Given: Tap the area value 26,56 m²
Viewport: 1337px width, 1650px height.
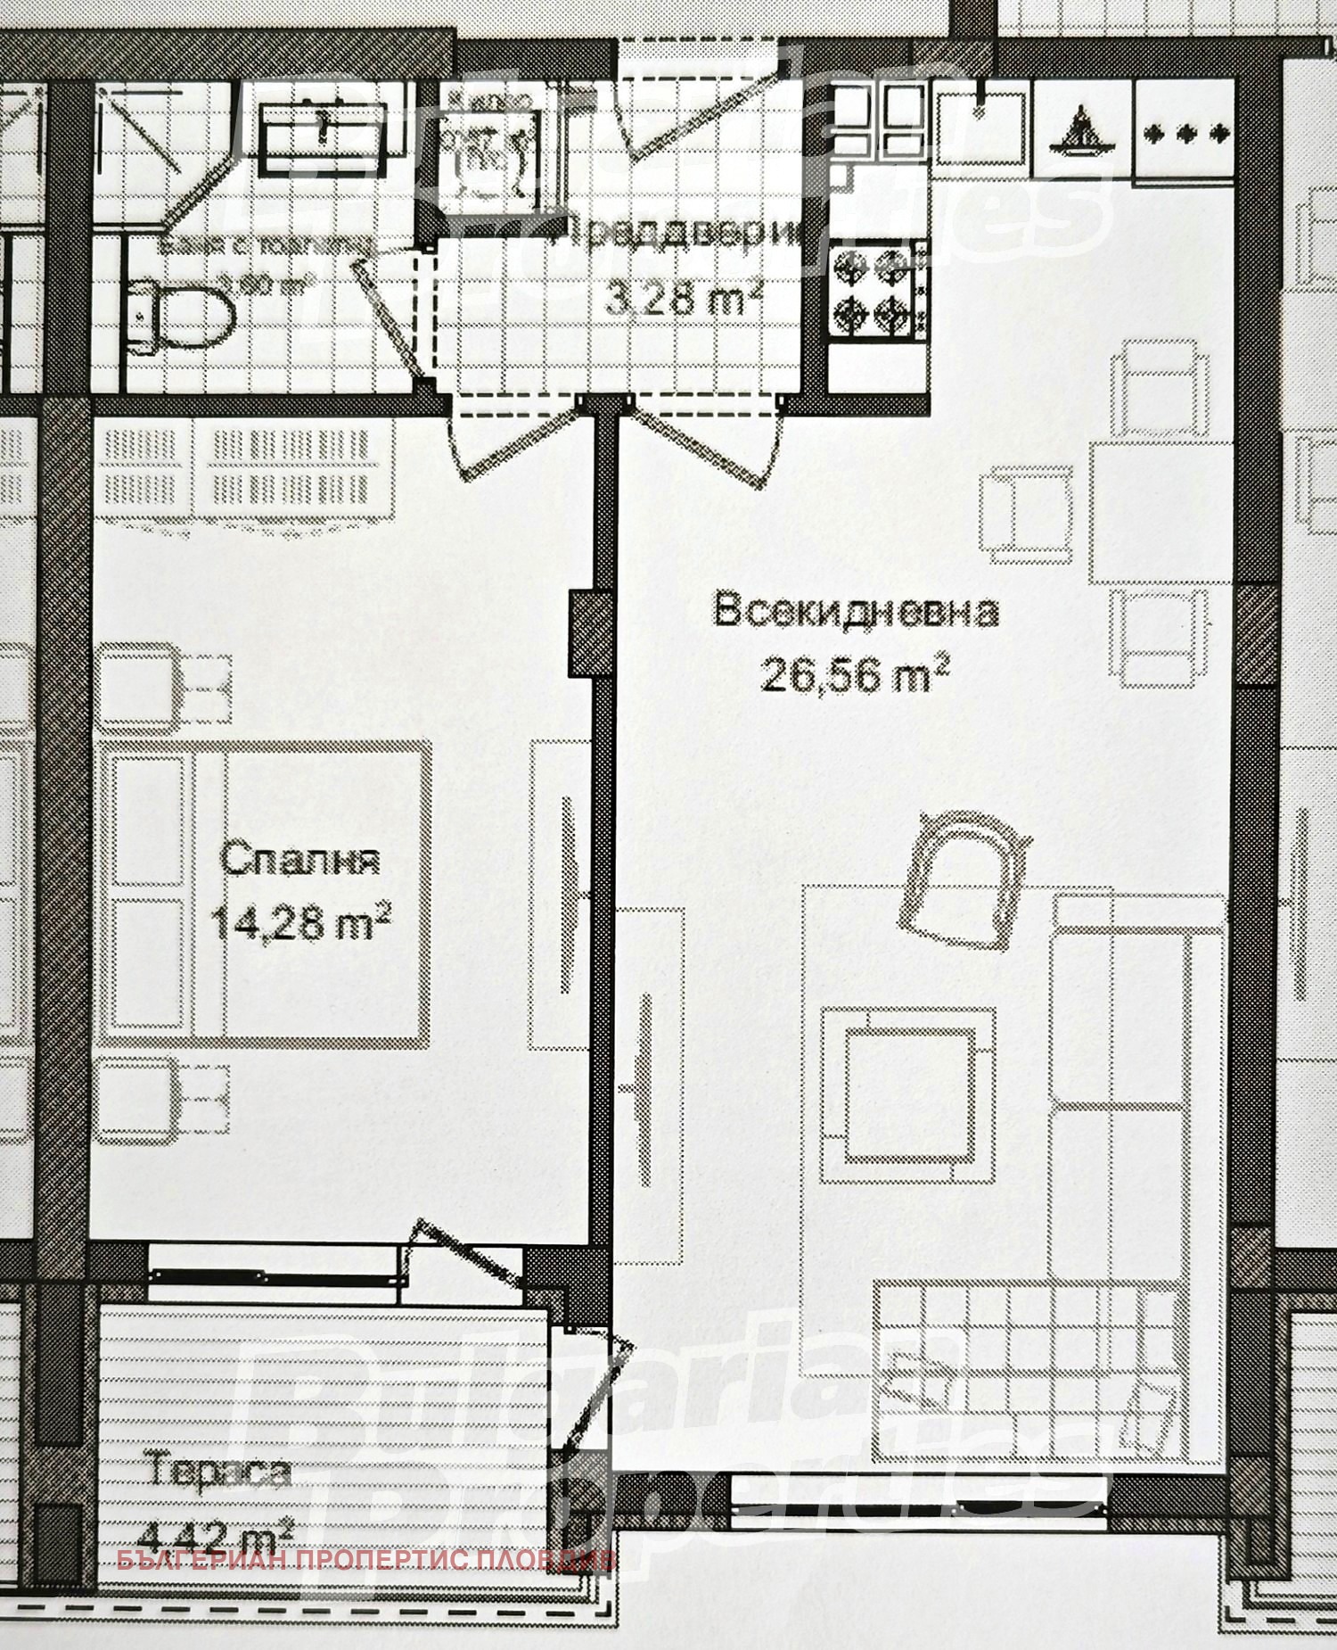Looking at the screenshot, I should pyautogui.click(x=841, y=675).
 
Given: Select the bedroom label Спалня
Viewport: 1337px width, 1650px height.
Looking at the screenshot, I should pyautogui.click(x=299, y=862).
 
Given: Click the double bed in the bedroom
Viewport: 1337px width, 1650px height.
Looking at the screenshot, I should pyautogui.click(x=266, y=892).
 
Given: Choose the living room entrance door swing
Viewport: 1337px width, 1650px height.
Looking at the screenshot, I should pyautogui.click(x=709, y=446).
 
